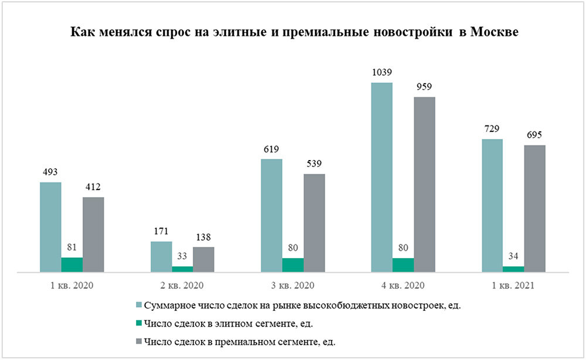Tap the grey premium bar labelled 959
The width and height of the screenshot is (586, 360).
[425, 184]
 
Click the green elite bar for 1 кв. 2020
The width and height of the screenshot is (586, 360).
[72, 264]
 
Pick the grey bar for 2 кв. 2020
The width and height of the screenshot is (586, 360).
[203, 259]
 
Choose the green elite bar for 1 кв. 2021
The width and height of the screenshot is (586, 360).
[513, 269]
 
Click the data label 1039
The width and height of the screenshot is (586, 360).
[381, 73]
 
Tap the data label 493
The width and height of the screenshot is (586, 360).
[50, 172]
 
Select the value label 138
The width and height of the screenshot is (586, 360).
[203, 237]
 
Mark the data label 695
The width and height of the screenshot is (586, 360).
[534, 135]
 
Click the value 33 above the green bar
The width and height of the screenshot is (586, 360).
[182, 256]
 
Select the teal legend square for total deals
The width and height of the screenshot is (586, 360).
[139, 306]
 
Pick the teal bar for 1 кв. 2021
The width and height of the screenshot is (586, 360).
[492, 205]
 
